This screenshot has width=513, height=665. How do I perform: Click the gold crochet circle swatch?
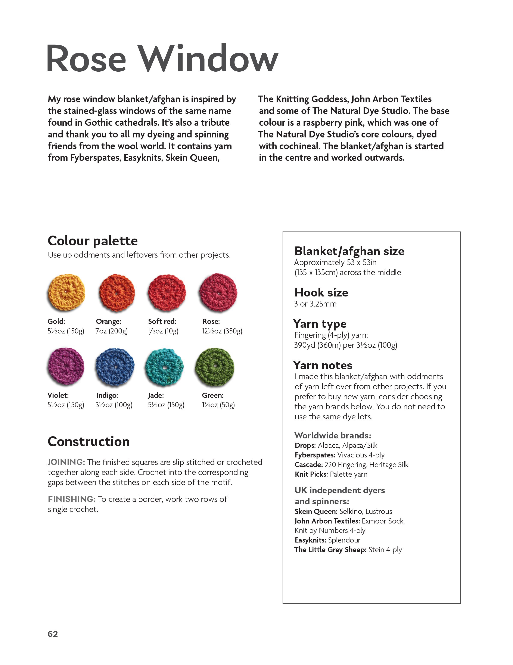pyautogui.click(x=66, y=292)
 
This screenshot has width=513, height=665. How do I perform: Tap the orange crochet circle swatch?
pyautogui.click(x=117, y=293)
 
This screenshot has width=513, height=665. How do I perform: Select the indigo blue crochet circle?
pyautogui.click(x=115, y=367)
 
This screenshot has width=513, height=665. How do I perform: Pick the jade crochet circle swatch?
pyautogui.click(x=165, y=367)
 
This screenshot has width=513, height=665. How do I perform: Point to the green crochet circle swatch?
pyautogui.click(x=215, y=367)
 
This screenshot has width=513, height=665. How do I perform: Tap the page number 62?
pyautogui.click(x=53, y=634)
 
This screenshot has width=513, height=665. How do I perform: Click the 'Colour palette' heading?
pyautogui.click(x=93, y=241)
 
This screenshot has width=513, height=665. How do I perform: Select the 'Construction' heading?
pyautogui.click(x=88, y=441)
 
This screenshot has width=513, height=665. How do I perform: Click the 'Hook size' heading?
pyautogui.click(x=321, y=293)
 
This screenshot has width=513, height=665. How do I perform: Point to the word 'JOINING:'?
pyautogui.click(x=66, y=462)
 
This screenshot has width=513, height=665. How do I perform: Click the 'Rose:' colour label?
pyautogui.click(x=211, y=321)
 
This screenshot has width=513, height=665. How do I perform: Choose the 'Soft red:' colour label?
pyautogui.click(x=162, y=321)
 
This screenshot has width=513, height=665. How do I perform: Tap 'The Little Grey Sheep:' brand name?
pyautogui.click(x=330, y=550)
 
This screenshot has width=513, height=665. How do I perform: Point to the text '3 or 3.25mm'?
pyautogui.click(x=315, y=304)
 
